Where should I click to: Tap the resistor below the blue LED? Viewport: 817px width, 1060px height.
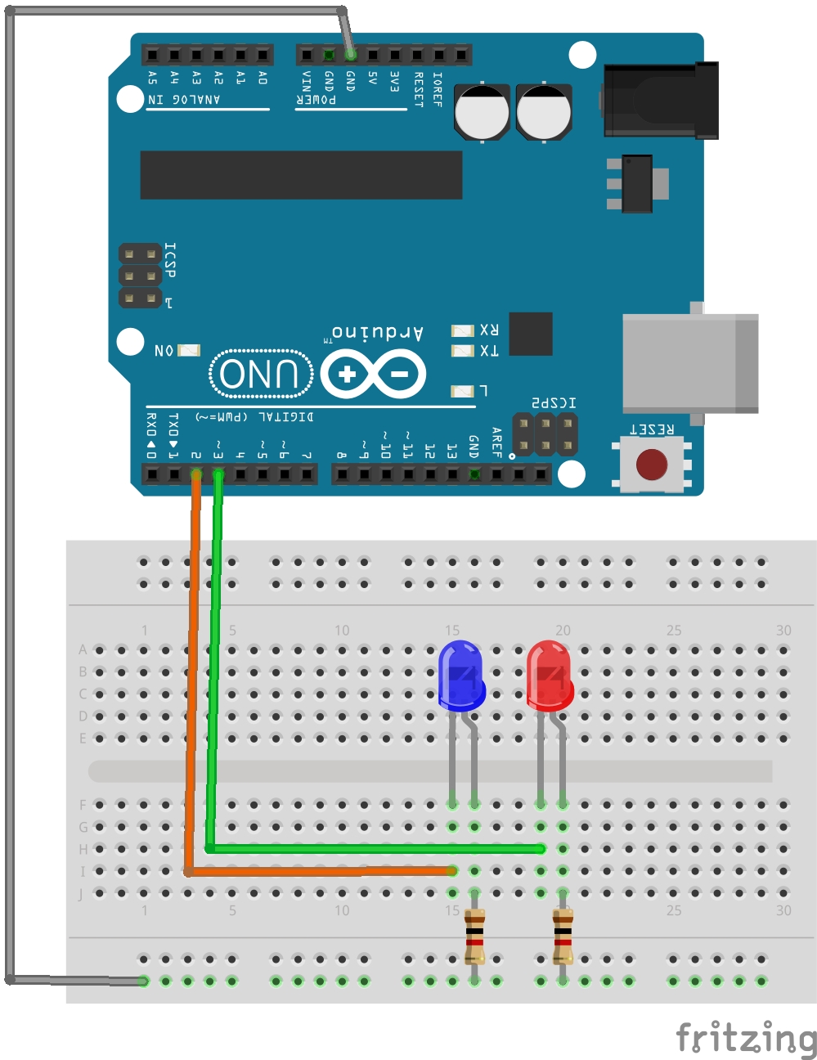pos(474,936)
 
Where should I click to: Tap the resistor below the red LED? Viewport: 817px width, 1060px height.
pos(563,936)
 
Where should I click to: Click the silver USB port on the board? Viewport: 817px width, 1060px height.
pos(689,363)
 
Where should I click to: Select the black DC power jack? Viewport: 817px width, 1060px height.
pos(661,101)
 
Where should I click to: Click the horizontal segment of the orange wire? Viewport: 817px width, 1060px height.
pos(319,871)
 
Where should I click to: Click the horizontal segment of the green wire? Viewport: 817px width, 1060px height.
pos(376,849)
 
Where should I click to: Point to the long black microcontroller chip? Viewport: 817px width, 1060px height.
pos(301,174)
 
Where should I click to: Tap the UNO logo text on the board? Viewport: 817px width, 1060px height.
pos(261,374)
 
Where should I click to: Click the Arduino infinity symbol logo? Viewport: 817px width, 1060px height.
pos(373,375)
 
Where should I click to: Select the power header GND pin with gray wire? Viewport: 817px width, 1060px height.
pos(351,55)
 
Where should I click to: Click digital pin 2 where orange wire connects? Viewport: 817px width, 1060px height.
pos(196,474)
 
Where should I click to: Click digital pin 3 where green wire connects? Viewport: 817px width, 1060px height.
pos(218,474)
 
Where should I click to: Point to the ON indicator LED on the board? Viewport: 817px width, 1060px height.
pos(189,350)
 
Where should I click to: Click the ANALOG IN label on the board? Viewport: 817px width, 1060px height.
pos(184,100)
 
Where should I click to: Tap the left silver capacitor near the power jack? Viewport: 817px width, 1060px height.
pos(482,112)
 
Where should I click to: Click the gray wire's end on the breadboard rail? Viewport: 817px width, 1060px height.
pos(144,981)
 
